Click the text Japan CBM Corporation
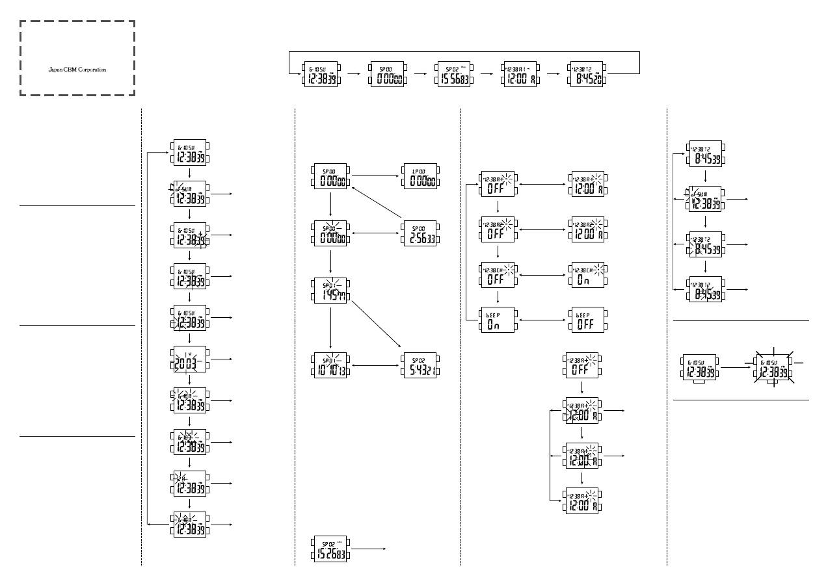(77, 70)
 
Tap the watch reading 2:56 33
(420, 234)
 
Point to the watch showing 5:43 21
(420, 365)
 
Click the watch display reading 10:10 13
(330, 365)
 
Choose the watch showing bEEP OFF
(586, 320)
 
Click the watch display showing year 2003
(189, 359)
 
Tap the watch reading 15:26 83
(330, 549)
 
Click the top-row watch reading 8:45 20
(587, 74)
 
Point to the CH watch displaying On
(586, 275)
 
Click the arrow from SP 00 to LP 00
(376, 175)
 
